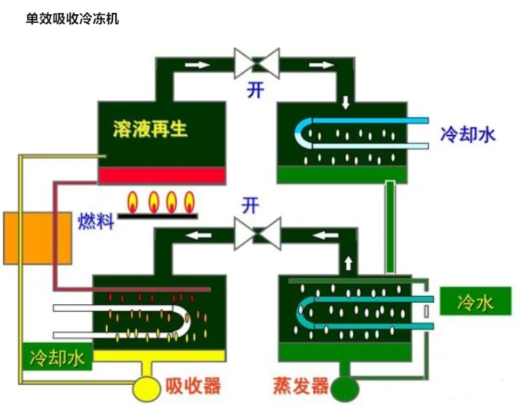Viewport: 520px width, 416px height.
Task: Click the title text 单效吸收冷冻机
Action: [x=72, y=18]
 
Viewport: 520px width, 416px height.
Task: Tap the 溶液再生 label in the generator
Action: [x=151, y=129]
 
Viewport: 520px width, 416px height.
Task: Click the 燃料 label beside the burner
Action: [x=96, y=221]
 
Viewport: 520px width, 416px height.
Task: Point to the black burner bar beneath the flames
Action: [x=157, y=215]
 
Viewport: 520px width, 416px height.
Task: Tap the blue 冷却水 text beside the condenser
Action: [x=468, y=134]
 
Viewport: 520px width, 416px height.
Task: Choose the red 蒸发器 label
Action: [x=301, y=387]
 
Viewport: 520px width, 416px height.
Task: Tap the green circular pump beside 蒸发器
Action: [x=346, y=388]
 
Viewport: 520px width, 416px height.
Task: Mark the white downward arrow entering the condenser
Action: [x=346, y=103]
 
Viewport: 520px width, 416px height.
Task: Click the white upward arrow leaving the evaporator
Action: [x=348, y=262]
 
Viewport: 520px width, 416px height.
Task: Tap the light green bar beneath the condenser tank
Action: [x=342, y=175]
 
